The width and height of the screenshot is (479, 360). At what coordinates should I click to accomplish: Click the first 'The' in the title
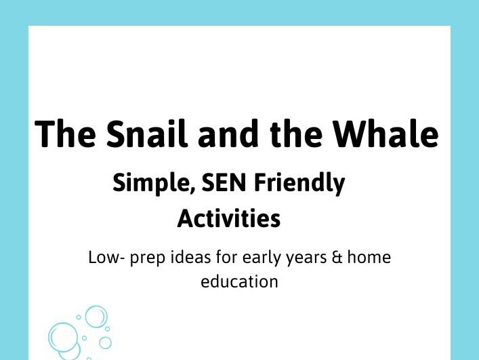click(x=64, y=134)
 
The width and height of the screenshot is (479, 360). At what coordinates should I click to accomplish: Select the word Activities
click(x=229, y=218)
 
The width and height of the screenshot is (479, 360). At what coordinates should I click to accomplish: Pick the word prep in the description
click(x=148, y=260)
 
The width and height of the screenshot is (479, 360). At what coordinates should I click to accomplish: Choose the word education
click(x=239, y=281)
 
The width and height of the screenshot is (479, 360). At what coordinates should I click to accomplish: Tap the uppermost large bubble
click(x=96, y=316)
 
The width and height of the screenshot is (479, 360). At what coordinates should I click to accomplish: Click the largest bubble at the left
click(x=63, y=337)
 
